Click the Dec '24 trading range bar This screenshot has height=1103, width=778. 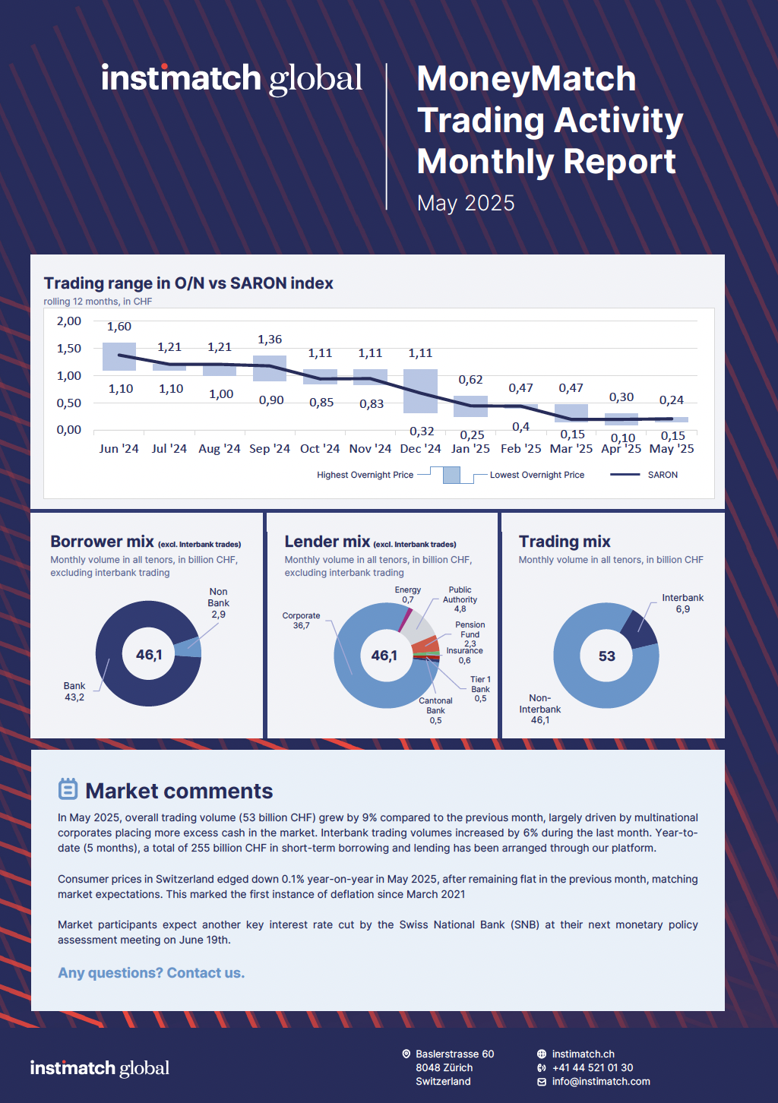click(x=420, y=391)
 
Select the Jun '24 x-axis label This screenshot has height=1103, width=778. click(x=119, y=449)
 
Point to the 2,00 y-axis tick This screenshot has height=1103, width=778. click(x=69, y=321)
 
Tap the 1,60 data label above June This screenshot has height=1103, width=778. click(x=119, y=327)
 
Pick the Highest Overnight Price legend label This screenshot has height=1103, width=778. click(x=365, y=475)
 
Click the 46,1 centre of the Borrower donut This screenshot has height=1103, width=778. click(x=149, y=655)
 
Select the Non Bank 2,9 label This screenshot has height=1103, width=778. click(x=218, y=603)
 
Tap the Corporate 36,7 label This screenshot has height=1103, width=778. click(x=302, y=621)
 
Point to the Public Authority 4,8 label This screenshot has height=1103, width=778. click(x=460, y=599)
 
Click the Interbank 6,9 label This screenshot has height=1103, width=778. click(x=682, y=603)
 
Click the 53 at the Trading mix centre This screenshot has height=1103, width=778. click(x=606, y=656)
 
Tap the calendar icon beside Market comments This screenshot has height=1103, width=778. click(x=68, y=789)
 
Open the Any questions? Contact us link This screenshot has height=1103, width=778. click(x=151, y=973)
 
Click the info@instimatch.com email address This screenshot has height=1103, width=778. click(x=601, y=1082)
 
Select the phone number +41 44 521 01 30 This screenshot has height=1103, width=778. click(x=593, y=1068)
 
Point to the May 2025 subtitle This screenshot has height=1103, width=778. click(x=466, y=204)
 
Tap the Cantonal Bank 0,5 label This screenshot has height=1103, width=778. click(x=435, y=711)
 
